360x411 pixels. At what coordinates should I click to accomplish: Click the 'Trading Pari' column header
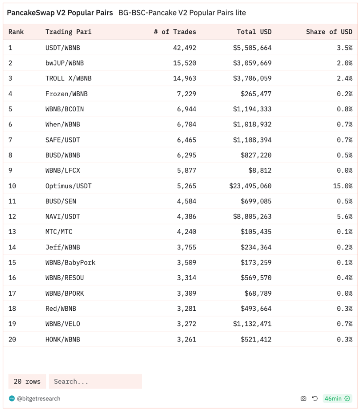point(65,32)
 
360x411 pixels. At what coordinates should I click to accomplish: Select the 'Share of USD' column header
point(329,32)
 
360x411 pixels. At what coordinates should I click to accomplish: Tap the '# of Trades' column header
point(175,32)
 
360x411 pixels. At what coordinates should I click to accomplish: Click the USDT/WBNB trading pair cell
point(63,48)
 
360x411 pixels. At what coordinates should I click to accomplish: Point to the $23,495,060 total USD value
point(250,186)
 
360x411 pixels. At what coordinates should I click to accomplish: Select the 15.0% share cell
point(343,186)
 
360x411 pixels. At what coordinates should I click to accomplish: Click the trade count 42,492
point(184,48)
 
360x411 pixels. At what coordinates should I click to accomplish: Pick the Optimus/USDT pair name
point(69,186)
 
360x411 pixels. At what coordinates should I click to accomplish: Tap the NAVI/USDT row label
point(63,216)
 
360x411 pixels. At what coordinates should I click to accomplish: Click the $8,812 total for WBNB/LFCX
point(260,171)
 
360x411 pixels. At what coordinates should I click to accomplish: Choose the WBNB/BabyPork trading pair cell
point(70,262)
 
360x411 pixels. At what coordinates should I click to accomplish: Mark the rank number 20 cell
point(12,339)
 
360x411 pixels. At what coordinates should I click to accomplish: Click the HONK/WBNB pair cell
point(63,339)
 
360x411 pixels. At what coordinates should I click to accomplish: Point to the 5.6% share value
point(344,216)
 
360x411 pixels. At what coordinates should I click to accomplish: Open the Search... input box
point(95,382)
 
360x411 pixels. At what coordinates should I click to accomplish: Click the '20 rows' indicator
point(27,382)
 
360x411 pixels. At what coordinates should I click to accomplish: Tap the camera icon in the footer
point(303,399)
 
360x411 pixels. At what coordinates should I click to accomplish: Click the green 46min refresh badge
point(337,399)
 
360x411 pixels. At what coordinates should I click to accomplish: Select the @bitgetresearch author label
point(38,399)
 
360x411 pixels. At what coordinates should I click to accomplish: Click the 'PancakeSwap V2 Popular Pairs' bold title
point(60,13)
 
